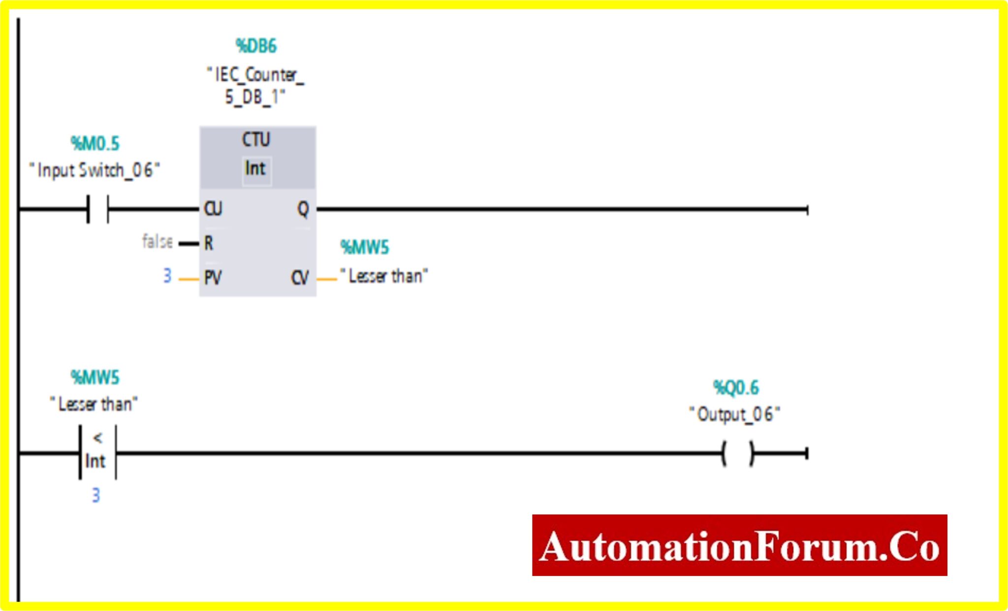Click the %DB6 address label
click(x=256, y=46)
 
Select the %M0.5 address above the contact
click(x=95, y=144)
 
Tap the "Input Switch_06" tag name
click(x=94, y=170)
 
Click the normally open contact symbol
click(x=98, y=209)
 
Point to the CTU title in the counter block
click(x=256, y=139)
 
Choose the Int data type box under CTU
click(x=256, y=169)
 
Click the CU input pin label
click(x=213, y=209)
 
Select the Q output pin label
click(x=303, y=209)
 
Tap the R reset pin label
click(x=209, y=243)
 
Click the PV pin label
click(x=213, y=278)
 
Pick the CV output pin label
click(x=300, y=278)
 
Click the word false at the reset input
click(x=157, y=241)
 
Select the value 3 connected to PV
click(x=167, y=276)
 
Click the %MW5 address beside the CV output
click(x=365, y=247)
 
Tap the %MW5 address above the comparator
click(x=95, y=378)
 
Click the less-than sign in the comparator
click(x=98, y=438)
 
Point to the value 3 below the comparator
click(x=96, y=495)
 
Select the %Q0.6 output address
click(x=736, y=388)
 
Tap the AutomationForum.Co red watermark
click(x=739, y=545)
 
